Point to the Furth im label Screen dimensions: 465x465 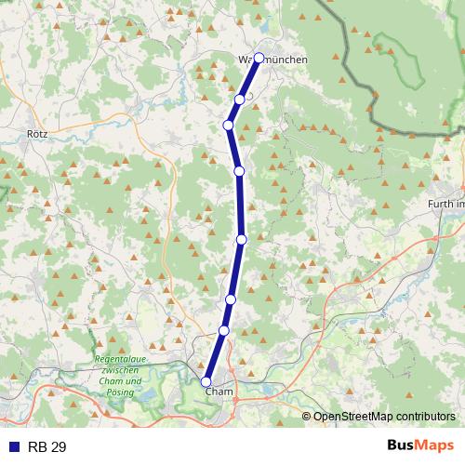point(445,204)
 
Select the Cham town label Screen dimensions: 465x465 point(218,392)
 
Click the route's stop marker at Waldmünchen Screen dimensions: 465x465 point(259,58)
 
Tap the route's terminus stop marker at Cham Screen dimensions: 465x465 point(206,380)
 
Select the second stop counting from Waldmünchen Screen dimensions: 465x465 point(240,100)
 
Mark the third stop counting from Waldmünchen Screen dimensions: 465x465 point(228,126)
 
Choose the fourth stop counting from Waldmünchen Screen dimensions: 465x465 point(239,171)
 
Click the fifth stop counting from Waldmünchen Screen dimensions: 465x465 point(242,240)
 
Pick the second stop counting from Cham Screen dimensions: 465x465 point(223,330)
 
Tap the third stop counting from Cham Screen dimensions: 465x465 point(231,299)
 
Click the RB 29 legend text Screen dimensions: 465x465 point(46,447)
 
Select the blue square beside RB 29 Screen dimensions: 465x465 point(14,447)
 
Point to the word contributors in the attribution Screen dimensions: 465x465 point(424,417)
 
